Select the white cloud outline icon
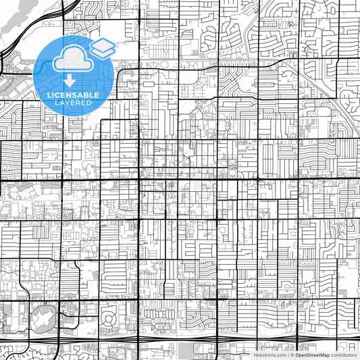point(72,59)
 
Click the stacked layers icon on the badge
point(103,49)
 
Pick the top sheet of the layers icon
point(103,45)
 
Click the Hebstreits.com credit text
point(271,355)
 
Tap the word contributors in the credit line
point(344,355)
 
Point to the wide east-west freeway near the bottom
point(203,336)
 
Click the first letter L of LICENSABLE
point(49,95)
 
